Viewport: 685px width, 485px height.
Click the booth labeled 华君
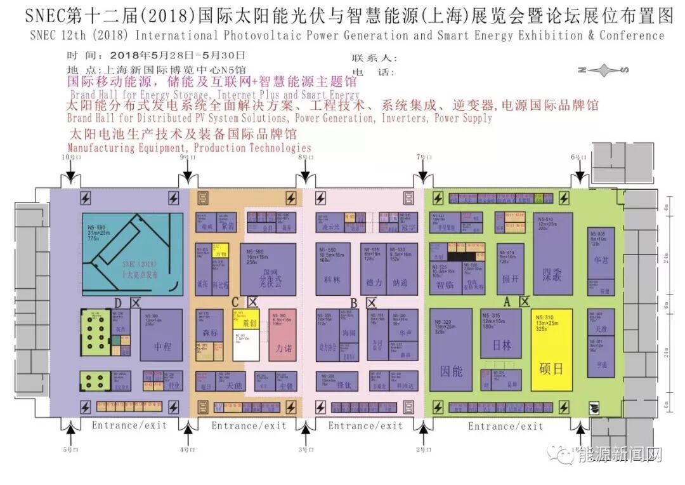click(x=601, y=253)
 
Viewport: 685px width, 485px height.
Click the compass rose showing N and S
click(x=601, y=70)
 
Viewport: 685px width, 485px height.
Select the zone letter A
click(x=507, y=301)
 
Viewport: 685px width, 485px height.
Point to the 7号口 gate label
click(x=423, y=156)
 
